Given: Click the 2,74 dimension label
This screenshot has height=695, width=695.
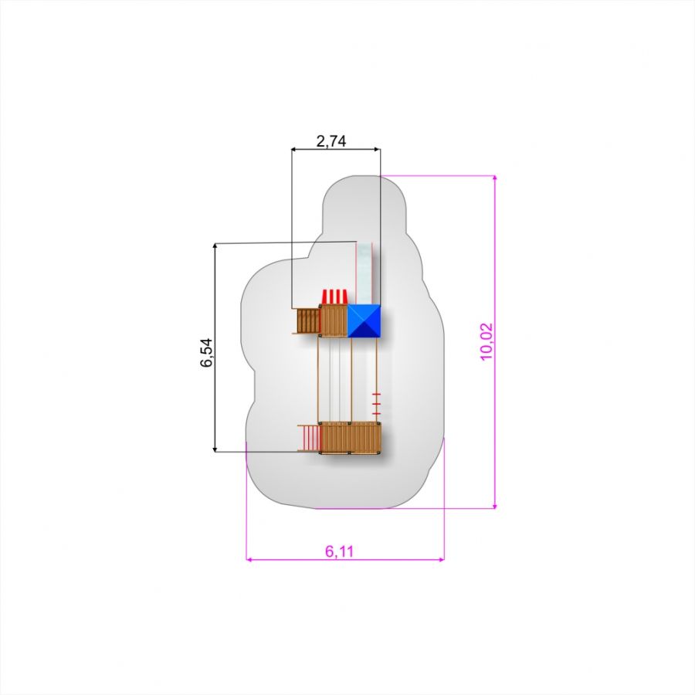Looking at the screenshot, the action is (331, 141).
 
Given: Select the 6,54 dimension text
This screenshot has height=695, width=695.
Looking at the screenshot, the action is (206, 353).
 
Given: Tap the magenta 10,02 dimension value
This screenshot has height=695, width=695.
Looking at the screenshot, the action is (486, 342).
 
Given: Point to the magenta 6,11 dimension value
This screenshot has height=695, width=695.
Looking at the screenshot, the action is (340, 551).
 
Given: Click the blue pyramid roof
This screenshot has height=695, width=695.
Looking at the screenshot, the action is (364, 321).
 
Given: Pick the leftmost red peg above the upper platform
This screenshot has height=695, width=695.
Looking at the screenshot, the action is (325, 296).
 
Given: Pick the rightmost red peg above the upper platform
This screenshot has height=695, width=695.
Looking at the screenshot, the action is (344, 296).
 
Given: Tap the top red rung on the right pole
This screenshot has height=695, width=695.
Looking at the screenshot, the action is (376, 394).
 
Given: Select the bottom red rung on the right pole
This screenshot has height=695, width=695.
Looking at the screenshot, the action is (376, 414).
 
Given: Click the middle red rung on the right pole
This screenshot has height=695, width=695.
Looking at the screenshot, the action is (376, 404).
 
